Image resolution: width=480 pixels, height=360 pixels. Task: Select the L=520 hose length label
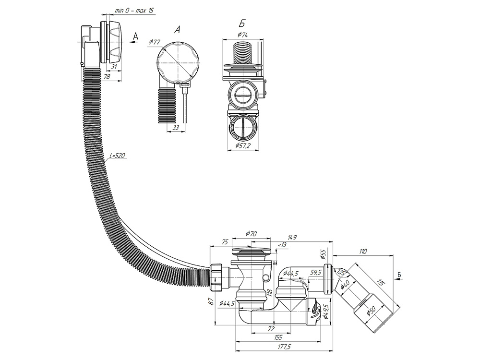(x=117, y=156)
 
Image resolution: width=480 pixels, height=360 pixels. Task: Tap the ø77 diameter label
(x=155, y=42)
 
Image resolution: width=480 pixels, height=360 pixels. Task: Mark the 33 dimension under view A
(x=175, y=127)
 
